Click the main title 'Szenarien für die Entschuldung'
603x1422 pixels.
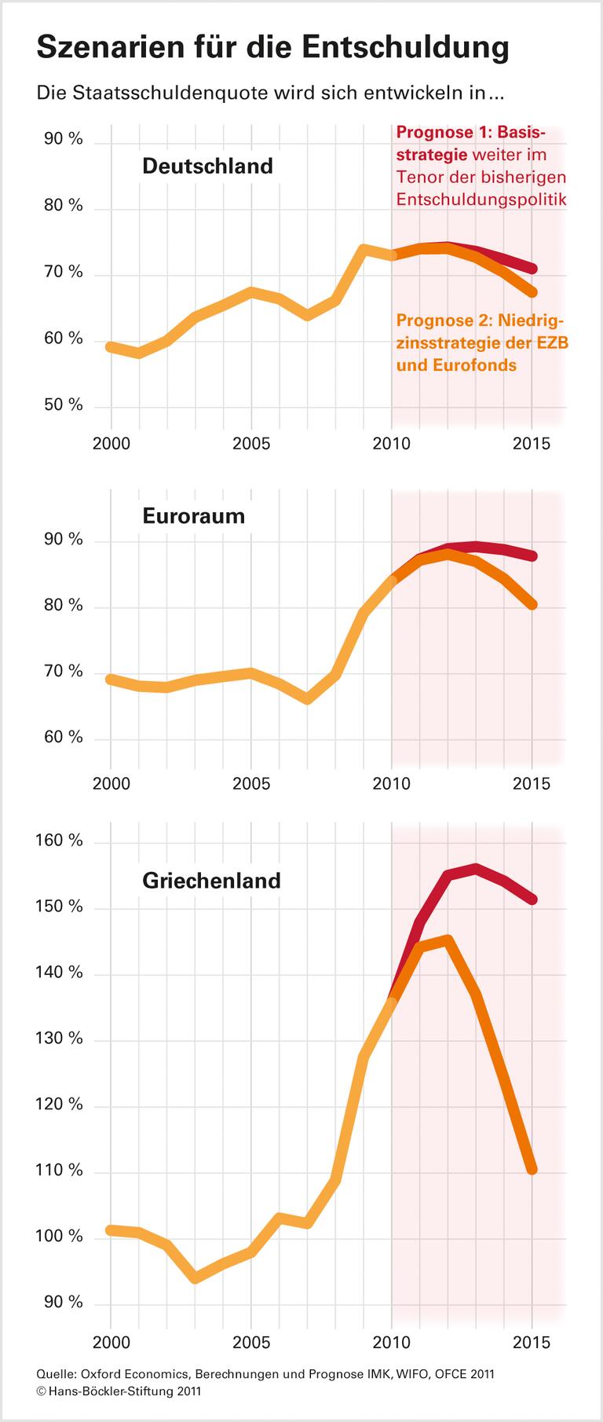point(273,48)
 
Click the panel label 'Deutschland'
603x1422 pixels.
point(207,167)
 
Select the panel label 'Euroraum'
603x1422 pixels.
point(193,516)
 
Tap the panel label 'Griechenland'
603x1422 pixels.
point(211,880)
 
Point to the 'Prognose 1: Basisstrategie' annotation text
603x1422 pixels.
point(481,165)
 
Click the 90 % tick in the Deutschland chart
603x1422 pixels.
point(64,139)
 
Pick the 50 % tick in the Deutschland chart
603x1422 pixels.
point(64,405)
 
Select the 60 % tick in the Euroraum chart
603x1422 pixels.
point(64,737)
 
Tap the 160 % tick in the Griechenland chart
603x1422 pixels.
point(60,841)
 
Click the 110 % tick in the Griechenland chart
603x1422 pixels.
point(60,1171)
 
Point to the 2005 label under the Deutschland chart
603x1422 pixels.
point(251,444)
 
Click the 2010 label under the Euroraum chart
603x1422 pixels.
point(391,784)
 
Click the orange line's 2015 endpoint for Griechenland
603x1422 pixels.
point(532,1170)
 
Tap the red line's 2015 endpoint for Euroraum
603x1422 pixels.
point(532,556)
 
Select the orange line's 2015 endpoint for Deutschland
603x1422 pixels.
point(532,292)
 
